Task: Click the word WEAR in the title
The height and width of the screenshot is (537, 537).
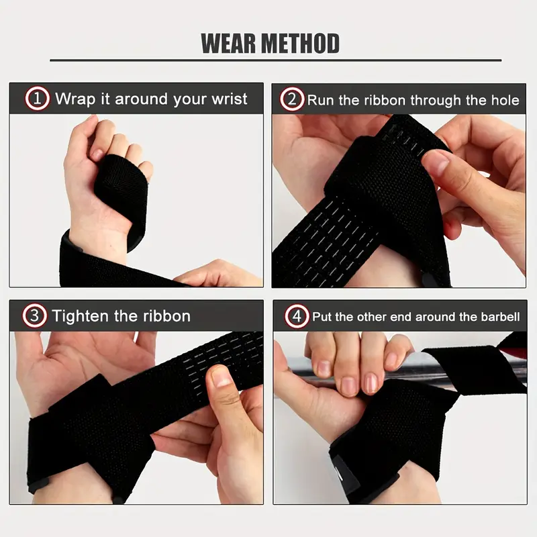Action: coord(228,44)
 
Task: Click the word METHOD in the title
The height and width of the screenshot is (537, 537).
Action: coord(301,44)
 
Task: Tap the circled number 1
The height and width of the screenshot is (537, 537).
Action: coord(38,99)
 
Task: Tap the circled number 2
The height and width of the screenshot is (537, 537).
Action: coord(291,100)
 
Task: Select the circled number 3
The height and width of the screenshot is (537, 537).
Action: coord(34,316)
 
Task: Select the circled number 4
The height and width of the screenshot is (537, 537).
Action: coord(295,316)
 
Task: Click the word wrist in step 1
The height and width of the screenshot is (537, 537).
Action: coord(230,99)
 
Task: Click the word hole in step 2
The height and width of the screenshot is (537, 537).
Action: coord(503,100)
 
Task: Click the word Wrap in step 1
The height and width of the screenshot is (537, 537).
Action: coord(75,99)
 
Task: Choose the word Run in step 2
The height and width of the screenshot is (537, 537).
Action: coord(320,100)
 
